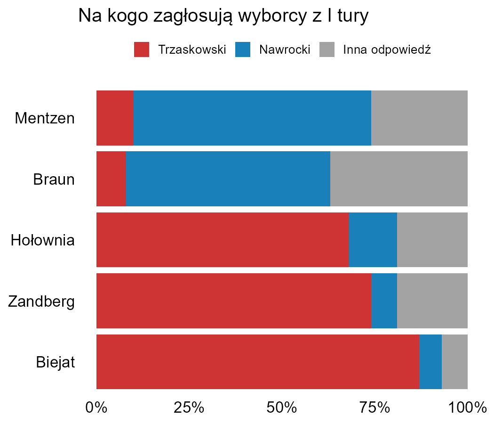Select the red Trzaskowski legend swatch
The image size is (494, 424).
[x=142, y=49]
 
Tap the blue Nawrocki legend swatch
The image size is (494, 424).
[x=243, y=49]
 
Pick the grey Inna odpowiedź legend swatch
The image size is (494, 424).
[x=327, y=49]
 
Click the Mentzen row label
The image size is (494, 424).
[x=45, y=118]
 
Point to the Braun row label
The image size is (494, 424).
[x=54, y=179]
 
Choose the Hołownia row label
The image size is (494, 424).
[x=43, y=240]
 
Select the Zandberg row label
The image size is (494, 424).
[x=41, y=301]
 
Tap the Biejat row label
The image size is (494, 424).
[x=55, y=362]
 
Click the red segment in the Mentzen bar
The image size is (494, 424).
[x=115, y=118]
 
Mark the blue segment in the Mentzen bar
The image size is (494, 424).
[x=252, y=118]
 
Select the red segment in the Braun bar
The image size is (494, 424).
[x=111, y=179]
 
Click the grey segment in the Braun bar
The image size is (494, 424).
[x=399, y=179]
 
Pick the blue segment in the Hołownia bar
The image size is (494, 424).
[x=373, y=240]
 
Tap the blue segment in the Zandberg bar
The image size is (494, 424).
[x=384, y=301]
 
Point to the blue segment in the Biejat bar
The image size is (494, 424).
[x=430, y=362]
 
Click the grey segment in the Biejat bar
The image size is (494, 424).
[x=454, y=362]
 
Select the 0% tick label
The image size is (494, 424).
[x=96, y=408]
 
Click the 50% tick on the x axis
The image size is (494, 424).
[x=282, y=408]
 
